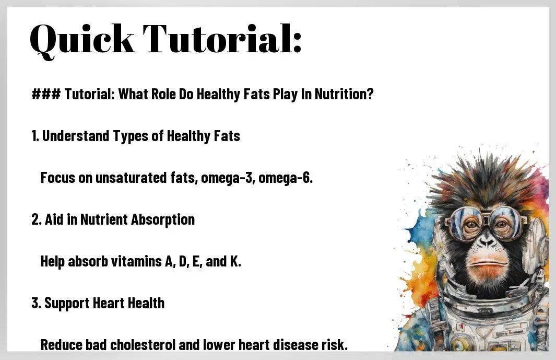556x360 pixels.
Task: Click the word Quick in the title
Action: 82,40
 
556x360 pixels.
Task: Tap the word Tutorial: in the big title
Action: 222,38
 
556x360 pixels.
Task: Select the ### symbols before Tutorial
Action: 46,94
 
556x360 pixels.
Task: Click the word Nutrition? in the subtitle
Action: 344,94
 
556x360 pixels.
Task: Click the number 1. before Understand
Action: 35,136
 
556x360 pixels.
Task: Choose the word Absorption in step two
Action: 163,220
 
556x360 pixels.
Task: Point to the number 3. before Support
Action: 36,304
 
